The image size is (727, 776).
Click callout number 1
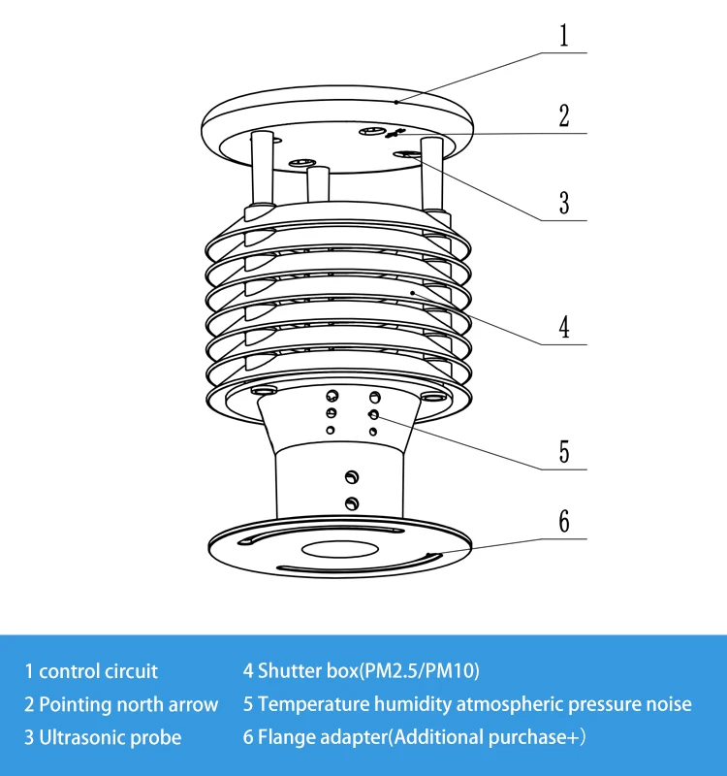[564, 36]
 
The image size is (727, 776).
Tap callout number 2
[564, 115]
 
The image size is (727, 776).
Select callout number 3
[564, 203]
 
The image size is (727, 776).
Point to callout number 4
[564, 327]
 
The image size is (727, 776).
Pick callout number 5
[564, 452]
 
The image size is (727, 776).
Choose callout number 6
[564, 521]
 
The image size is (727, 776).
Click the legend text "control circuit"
[98, 671]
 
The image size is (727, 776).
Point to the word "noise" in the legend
[668, 704]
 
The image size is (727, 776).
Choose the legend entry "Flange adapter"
[322, 737]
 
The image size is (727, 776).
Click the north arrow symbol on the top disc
[395, 133]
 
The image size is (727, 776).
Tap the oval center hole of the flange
[340, 549]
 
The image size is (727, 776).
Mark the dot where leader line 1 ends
[396, 103]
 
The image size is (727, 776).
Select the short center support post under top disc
[318, 184]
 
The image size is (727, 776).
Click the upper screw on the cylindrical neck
[351, 477]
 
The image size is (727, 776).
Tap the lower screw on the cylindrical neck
[351, 503]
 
